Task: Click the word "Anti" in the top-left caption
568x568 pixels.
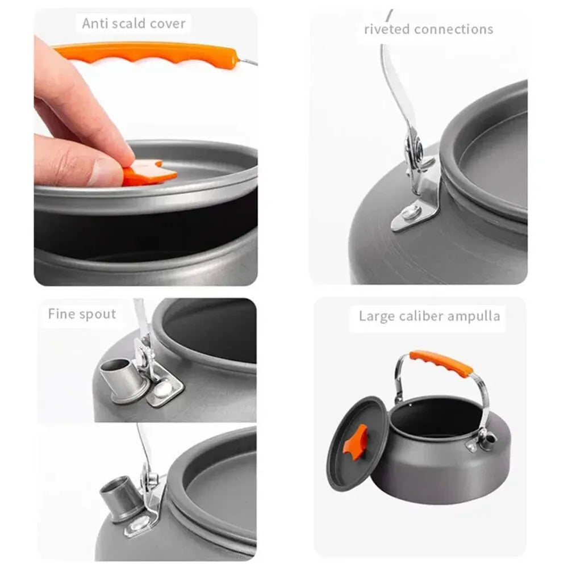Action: coord(95,23)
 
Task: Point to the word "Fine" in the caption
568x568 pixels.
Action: coord(61,314)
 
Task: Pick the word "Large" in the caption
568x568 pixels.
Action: coord(377,316)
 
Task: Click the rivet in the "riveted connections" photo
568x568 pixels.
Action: coord(410,212)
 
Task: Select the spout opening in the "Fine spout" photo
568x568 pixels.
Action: coord(114,365)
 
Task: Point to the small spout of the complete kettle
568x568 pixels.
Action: coord(487,439)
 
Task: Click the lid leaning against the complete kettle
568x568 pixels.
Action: coord(357,443)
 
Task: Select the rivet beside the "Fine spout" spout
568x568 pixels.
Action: coord(162,390)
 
